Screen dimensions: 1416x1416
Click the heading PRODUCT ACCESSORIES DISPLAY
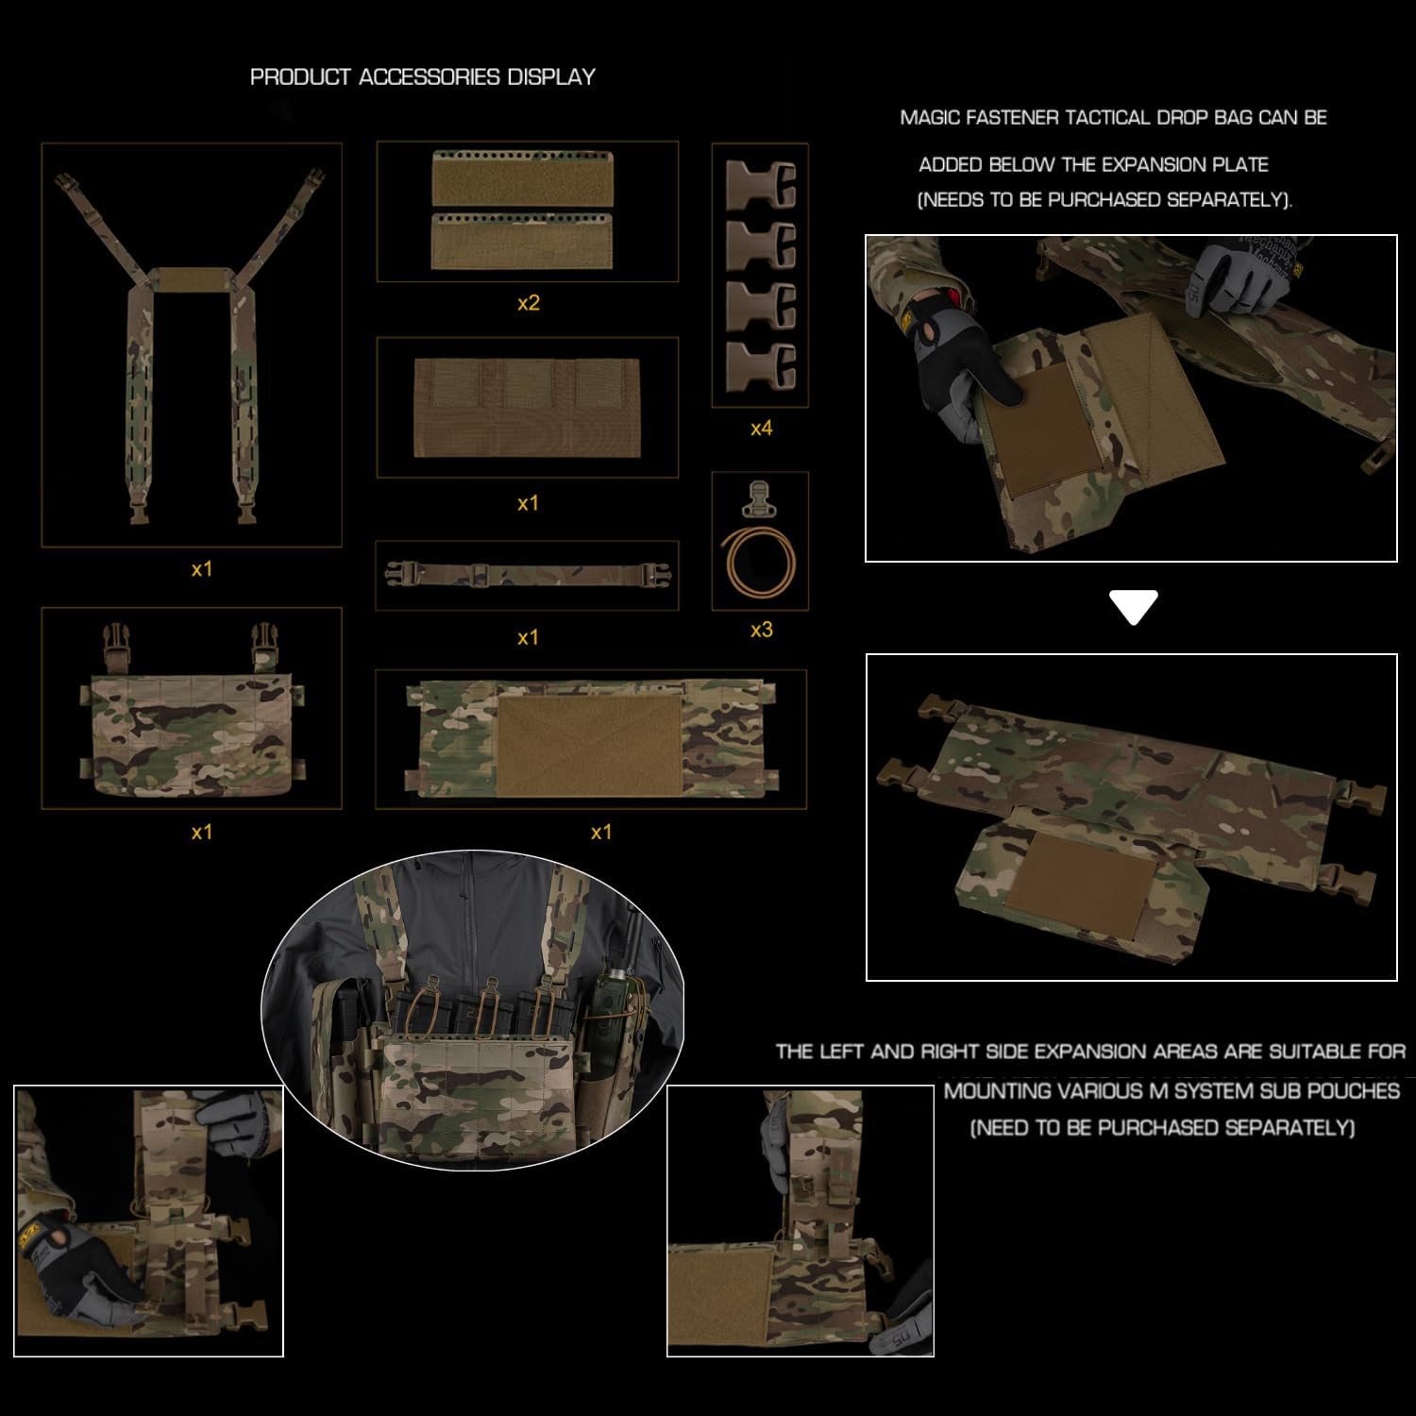pyautogui.click(x=422, y=77)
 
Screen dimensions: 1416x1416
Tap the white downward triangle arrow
pyautogui.click(x=1134, y=608)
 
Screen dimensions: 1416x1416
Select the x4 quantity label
pyautogui.click(x=761, y=429)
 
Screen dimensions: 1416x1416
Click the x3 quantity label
pyautogui.click(x=761, y=630)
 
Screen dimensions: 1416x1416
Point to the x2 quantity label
pyautogui.click(x=528, y=303)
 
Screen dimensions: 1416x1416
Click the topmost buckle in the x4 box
pyautogui.click(x=762, y=186)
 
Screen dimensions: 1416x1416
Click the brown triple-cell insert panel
pyautogui.click(x=527, y=408)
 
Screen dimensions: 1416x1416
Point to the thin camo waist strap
pyautogui.click(x=527, y=575)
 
